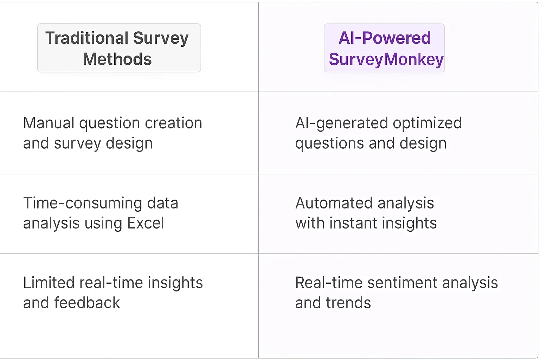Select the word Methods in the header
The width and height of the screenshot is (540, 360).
pos(117,59)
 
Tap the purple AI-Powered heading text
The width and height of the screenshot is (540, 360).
pos(385,38)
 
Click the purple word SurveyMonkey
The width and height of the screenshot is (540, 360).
pos(386,59)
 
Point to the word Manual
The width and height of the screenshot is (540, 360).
pos(49,123)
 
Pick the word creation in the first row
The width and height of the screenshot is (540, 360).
pos(173,123)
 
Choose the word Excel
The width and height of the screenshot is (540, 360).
pos(146,223)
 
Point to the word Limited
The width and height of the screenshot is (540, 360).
pos(49,283)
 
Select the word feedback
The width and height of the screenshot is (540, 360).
pos(87,303)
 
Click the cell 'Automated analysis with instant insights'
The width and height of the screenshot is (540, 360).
pos(366,213)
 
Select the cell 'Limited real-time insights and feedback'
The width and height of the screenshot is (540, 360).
pos(113,293)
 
